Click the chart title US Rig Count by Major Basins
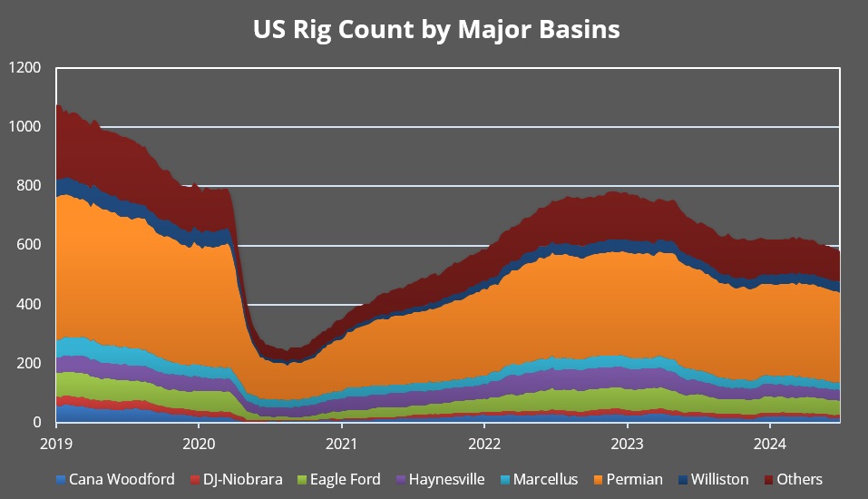click(x=435, y=29)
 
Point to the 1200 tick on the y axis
click(x=25, y=68)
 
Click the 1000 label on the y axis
click(x=25, y=127)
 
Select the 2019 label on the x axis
click(x=56, y=445)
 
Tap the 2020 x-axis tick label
click(x=199, y=445)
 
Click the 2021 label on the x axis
click(x=341, y=445)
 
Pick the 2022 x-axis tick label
click(x=483, y=445)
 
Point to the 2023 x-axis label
click(x=627, y=445)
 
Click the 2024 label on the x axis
click(x=769, y=445)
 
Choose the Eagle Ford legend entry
click(x=342, y=479)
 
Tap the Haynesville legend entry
click(x=440, y=479)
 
